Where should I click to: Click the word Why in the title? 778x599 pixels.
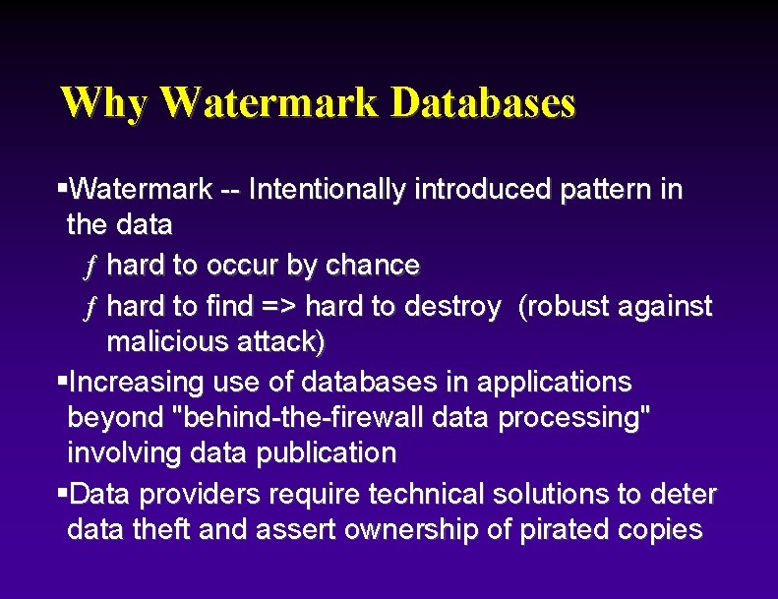tap(102, 102)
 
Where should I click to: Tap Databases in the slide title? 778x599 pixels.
tap(482, 102)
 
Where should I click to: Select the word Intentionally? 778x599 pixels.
tap(326, 189)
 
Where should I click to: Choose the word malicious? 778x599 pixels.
tap(167, 342)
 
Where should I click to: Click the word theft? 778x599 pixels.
tap(160, 530)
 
